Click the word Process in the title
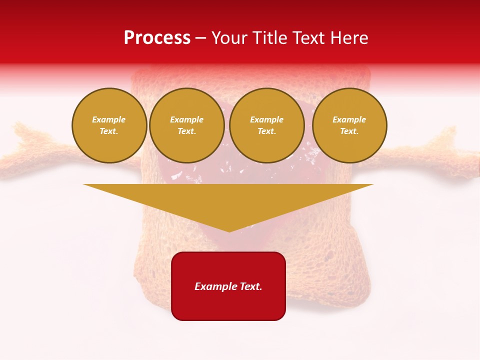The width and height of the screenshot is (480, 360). (157, 38)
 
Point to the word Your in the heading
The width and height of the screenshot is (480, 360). (228, 38)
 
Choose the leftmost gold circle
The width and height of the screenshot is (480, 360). (109, 125)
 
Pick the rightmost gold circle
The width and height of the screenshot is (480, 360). (349, 125)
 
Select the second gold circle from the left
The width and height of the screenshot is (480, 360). (187, 125)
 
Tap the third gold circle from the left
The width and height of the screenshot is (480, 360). (267, 125)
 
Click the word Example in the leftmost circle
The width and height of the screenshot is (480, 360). (109, 120)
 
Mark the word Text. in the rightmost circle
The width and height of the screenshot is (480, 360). (349, 131)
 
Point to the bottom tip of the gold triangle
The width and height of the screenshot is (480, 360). (229, 231)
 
